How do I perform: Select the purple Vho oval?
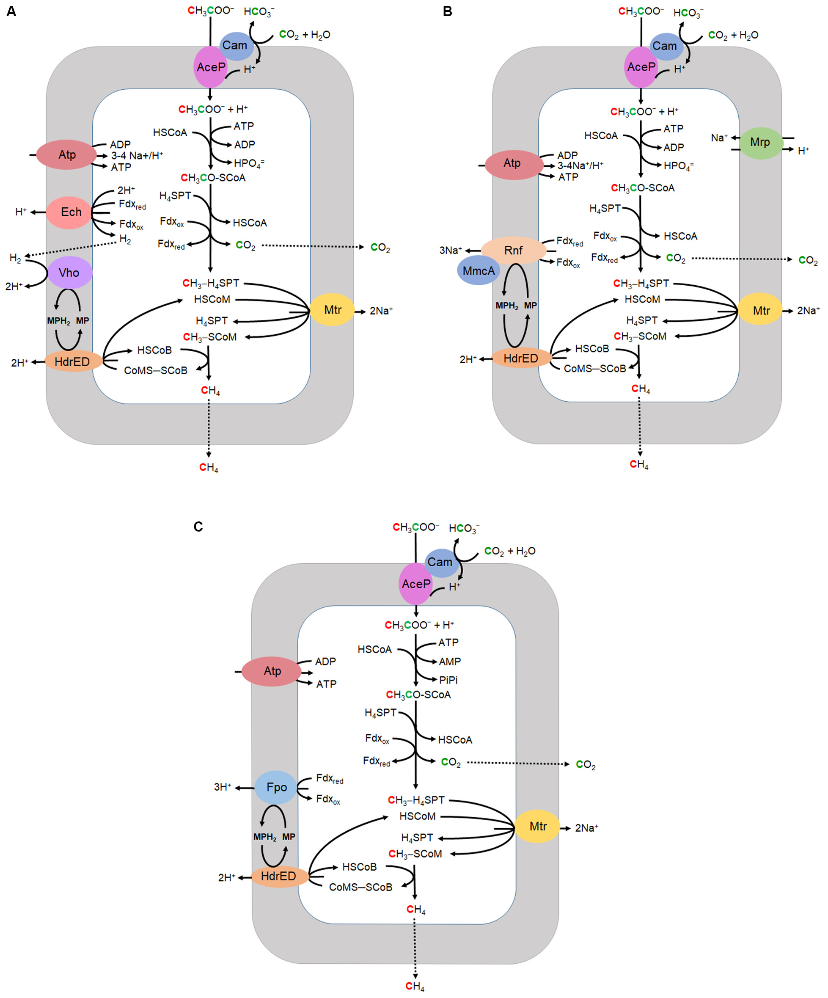tap(69, 273)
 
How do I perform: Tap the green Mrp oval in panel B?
tap(759, 143)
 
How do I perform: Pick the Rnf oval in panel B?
tap(513, 251)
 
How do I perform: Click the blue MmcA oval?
tap(479, 271)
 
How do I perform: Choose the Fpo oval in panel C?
tap(276, 788)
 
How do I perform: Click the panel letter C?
tap(198, 527)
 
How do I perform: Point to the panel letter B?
tap(447, 11)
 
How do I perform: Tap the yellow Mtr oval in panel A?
tap(332, 310)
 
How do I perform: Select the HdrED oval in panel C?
tap(278, 876)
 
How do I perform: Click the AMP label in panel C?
tap(449, 662)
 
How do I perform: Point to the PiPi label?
tap(448, 680)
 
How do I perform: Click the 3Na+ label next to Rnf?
tap(450, 251)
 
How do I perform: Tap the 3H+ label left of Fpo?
tap(222, 787)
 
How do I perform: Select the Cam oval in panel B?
tap(665, 46)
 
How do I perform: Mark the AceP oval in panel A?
tap(210, 67)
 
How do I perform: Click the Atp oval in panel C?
tap(272, 671)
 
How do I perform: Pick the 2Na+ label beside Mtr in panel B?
tap(808, 310)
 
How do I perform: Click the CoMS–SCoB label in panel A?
tap(155, 371)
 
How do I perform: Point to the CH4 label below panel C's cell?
tap(415, 986)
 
